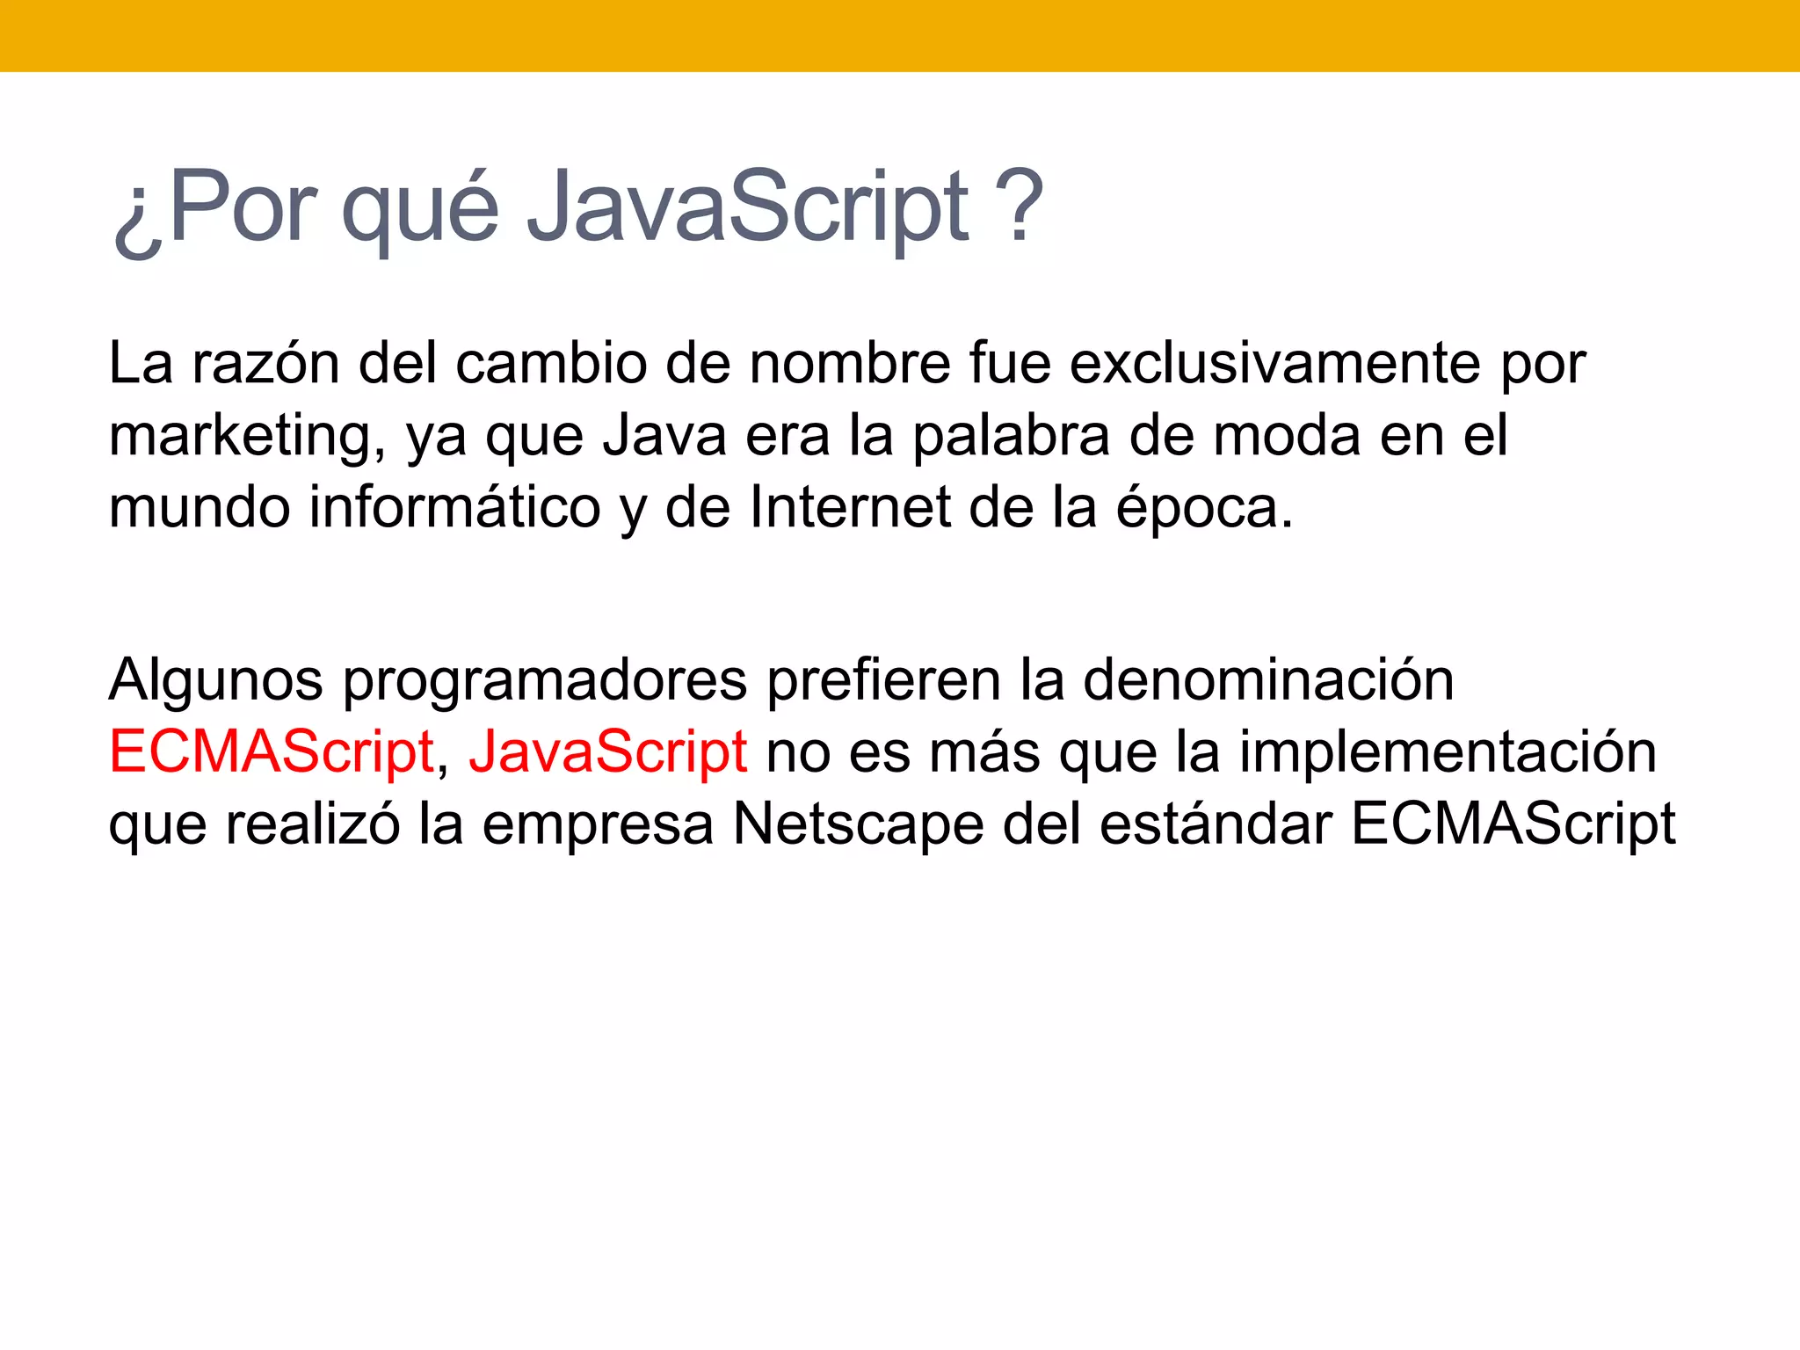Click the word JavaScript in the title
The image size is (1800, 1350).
[x=747, y=207]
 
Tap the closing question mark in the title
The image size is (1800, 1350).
[x=1020, y=207]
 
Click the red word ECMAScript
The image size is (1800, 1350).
[x=272, y=752]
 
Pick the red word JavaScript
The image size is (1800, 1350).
[x=607, y=752]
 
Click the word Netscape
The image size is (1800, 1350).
[x=858, y=824]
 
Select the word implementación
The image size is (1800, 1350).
[x=1448, y=752]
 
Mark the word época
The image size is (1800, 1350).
[x=1204, y=509]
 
